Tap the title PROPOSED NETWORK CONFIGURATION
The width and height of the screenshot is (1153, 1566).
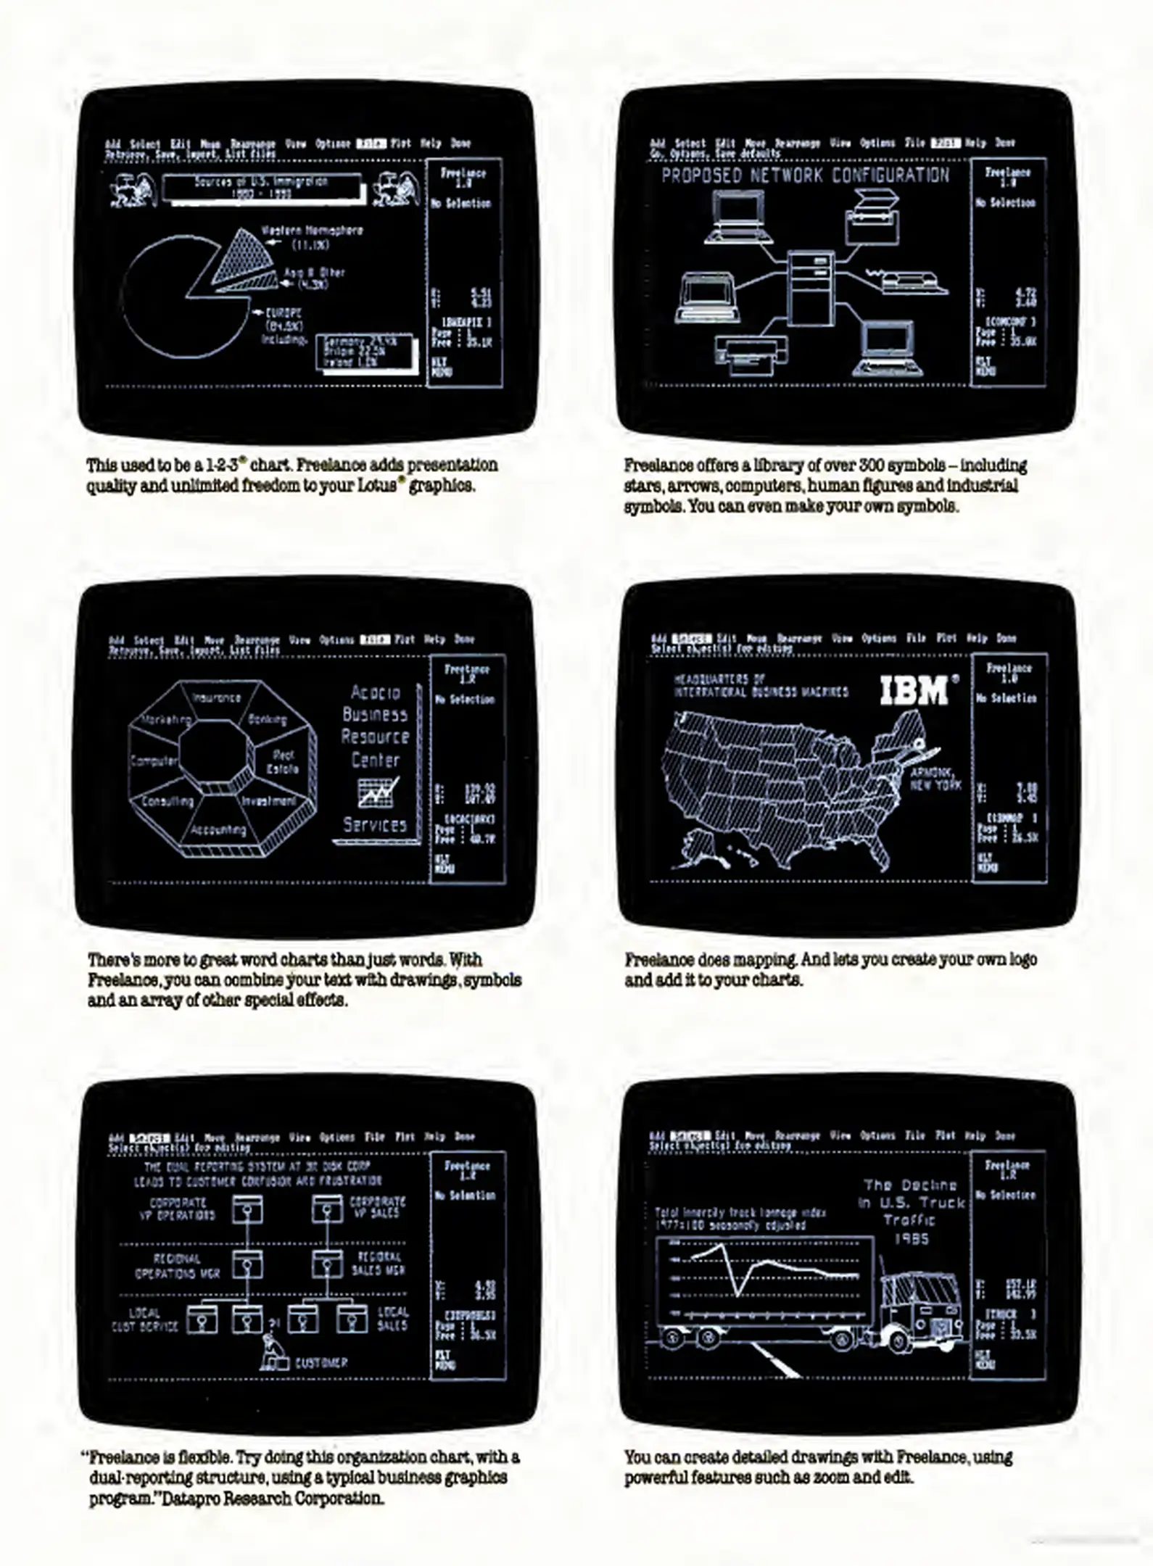pos(805,175)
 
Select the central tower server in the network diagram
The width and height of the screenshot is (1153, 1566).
pos(811,286)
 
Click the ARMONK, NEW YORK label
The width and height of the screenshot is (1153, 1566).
pos(935,779)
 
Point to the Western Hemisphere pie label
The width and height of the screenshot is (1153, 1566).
pos(312,231)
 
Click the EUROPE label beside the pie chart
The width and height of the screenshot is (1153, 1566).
pos(283,313)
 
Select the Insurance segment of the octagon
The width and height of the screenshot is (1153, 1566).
pos(216,697)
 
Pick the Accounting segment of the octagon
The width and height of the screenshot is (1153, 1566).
pos(218,830)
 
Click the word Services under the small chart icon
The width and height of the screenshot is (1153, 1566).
pos(375,824)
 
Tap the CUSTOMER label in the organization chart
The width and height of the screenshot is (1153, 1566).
pos(321,1362)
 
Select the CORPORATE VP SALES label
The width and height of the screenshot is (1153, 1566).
pos(377,1206)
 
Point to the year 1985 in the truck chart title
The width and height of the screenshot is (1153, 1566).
pos(911,1238)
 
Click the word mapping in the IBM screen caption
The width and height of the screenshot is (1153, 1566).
pos(762,959)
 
